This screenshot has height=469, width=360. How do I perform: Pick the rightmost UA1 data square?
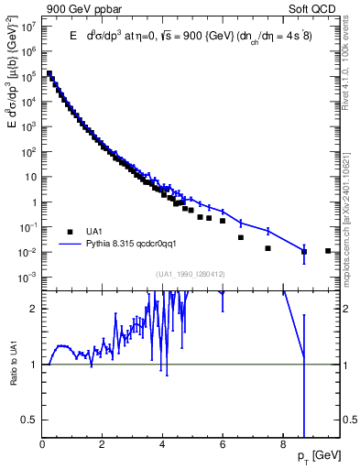click(328, 251)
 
